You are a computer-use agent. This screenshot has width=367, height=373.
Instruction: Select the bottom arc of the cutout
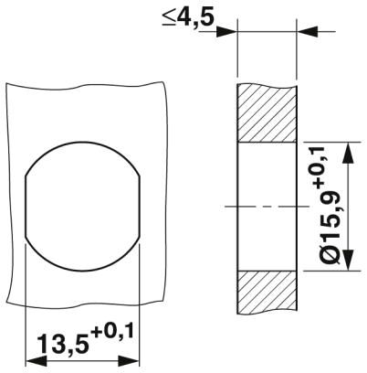coord(81,266)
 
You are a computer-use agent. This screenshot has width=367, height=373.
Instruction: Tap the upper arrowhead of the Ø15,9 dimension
coord(345,147)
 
